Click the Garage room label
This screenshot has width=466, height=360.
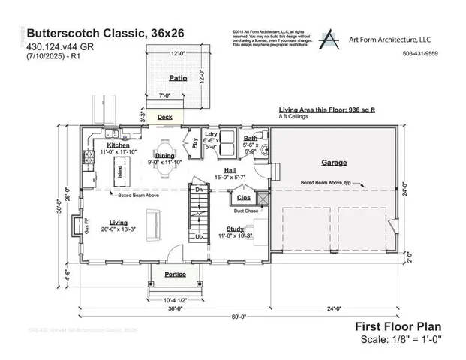[x=334, y=162]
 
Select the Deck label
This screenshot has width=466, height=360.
[x=164, y=117]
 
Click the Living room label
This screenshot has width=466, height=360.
[x=118, y=223]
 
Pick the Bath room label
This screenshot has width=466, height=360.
[x=250, y=139]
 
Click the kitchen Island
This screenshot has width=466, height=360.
[x=119, y=172]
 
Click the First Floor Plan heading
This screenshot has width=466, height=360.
[x=398, y=326]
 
